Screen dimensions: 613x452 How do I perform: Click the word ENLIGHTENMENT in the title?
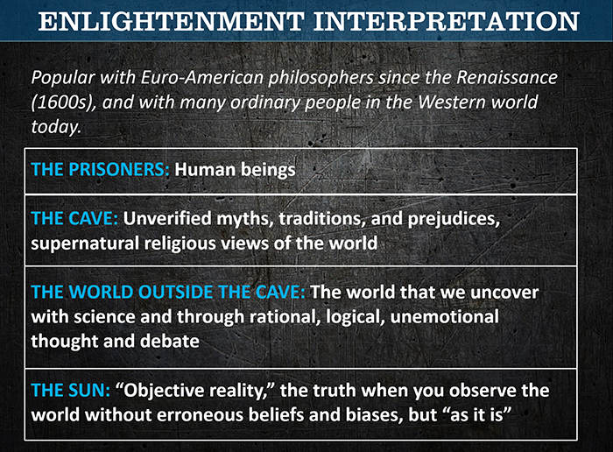pos(172,22)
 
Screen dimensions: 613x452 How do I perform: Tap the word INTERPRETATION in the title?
pos(446,22)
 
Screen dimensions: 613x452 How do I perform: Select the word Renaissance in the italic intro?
pos(507,77)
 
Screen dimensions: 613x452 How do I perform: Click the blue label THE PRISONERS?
pos(100,170)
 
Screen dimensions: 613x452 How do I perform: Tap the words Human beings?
pos(235,170)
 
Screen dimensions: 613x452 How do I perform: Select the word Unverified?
pos(167,219)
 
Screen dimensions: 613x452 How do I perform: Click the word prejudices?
pos(454,219)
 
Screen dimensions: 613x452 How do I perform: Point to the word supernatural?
pos(85,244)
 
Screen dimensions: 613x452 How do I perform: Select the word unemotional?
pos(445,317)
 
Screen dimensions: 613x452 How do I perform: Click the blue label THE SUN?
pos(70,390)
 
